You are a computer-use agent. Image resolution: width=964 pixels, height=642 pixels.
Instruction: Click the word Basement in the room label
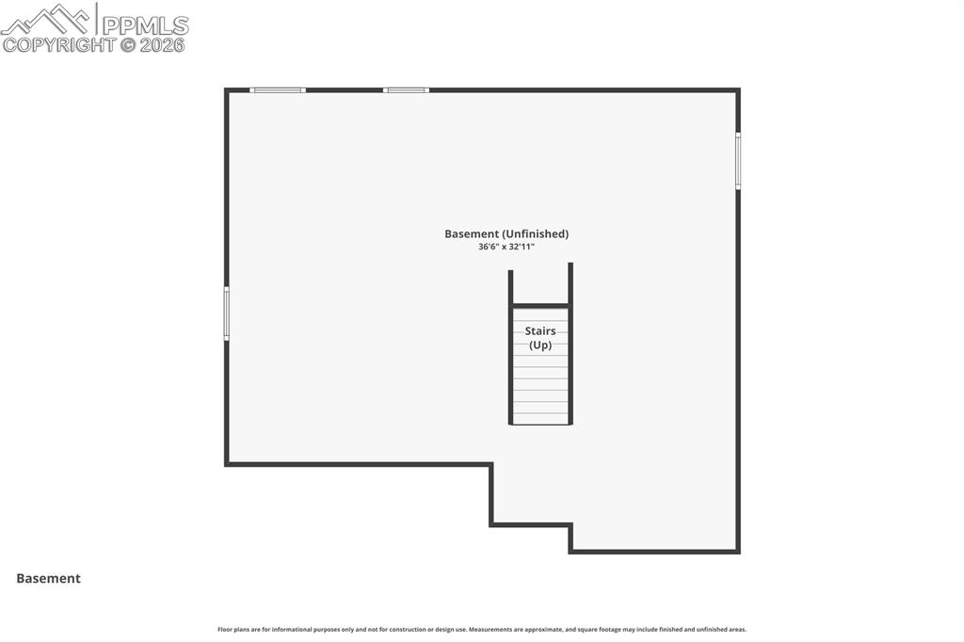tap(471, 233)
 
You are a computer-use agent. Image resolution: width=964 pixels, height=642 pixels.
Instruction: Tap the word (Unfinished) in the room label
tap(535, 233)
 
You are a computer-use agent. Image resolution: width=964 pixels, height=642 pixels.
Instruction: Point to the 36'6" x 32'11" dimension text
tap(506, 247)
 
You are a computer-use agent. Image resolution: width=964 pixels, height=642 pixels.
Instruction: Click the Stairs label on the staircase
tap(540, 331)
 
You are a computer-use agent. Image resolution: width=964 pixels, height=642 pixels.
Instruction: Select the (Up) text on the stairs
tap(540, 345)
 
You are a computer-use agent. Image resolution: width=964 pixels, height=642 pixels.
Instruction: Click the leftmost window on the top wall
tap(278, 90)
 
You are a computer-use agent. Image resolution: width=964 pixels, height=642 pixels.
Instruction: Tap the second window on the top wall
tap(406, 90)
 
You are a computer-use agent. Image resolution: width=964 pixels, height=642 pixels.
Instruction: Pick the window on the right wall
tap(738, 161)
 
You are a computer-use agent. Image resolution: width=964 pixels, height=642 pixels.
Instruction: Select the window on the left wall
tap(226, 313)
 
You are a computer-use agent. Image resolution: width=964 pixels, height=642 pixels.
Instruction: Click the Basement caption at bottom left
tap(48, 579)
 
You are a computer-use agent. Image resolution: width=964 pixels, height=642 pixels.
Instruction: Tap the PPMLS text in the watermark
tap(145, 25)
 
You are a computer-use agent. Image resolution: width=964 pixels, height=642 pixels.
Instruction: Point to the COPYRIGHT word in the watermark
tap(59, 44)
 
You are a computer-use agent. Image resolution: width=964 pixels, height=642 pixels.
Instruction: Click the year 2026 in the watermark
tap(163, 44)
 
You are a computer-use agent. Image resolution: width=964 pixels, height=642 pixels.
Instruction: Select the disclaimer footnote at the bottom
tap(482, 629)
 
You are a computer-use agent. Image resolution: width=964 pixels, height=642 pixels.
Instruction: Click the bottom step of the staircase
tap(540, 419)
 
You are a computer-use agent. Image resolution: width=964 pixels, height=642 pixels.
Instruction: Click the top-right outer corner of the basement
tap(738, 90)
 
